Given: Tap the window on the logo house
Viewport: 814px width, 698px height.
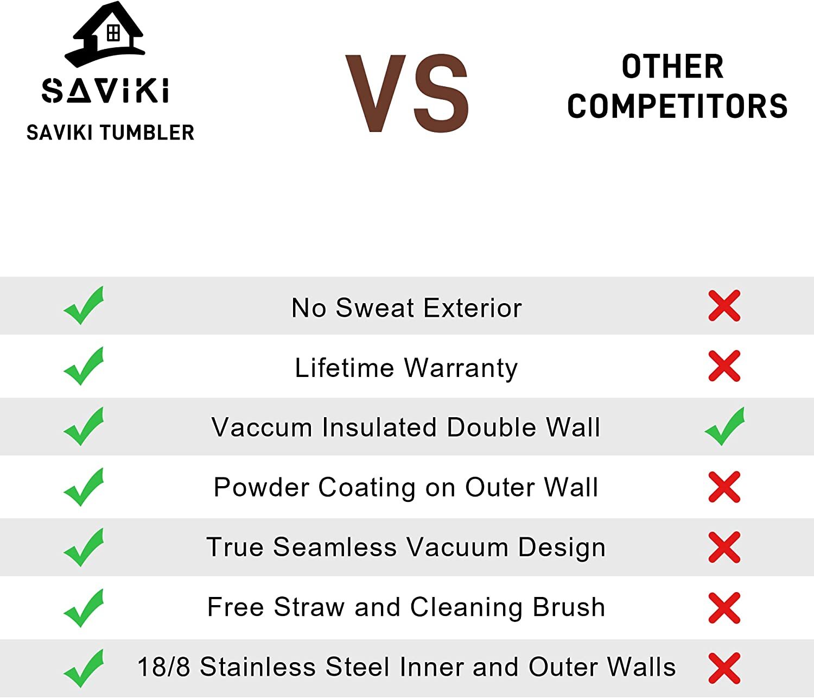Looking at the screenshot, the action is point(113,33).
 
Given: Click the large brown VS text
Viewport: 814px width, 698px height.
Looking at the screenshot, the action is point(407,93).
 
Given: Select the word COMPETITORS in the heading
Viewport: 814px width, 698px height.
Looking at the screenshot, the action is point(677,106).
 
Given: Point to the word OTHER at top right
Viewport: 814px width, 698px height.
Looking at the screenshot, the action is point(672,66).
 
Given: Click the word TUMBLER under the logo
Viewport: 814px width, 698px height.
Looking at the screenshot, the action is point(147,133).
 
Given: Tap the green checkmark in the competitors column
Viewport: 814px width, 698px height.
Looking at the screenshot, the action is point(724,426).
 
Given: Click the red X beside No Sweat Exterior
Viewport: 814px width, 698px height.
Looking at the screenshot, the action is point(724,306).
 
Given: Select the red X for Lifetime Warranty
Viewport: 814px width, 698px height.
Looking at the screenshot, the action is point(724,366).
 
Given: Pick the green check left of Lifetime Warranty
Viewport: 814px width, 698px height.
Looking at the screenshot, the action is point(84,366).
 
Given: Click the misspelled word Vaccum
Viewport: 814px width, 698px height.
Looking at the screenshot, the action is point(262,427).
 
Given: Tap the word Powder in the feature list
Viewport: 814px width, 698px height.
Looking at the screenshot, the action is point(262,488).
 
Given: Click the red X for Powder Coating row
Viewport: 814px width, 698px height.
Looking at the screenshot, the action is point(724,487).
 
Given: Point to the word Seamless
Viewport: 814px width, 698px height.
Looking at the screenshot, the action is point(335,547).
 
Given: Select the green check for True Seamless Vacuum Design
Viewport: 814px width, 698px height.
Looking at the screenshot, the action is point(84,548).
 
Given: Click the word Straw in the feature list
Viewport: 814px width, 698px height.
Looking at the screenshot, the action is point(309,607).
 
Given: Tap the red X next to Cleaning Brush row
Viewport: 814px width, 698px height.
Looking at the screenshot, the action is point(724,608).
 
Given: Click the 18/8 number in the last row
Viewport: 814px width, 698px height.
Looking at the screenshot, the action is point(164,667).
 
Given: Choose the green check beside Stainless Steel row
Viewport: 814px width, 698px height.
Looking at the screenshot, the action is point(84,669).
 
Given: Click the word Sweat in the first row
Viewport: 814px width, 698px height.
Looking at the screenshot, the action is point(374,307).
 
